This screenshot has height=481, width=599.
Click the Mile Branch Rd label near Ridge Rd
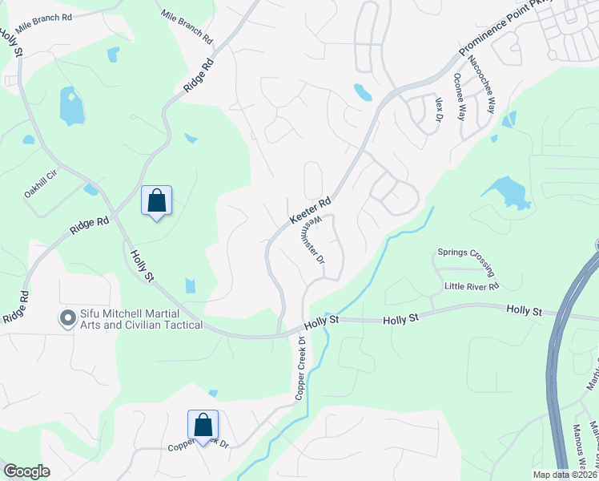click(x=187, y=26)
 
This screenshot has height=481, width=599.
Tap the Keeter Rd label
click(x=310, y=212)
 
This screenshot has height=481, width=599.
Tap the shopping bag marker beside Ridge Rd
click(x=157, y=200)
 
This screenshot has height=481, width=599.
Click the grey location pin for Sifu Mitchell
click(x=67, y=318)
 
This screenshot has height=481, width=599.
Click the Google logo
click(x=26, y=471)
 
